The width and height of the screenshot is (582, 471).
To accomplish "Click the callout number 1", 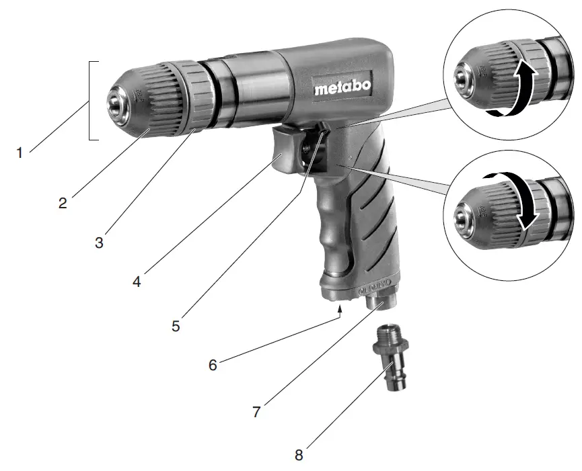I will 20,153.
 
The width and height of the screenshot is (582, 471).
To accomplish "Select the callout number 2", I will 63,202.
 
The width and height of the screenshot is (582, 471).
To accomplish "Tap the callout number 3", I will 99,243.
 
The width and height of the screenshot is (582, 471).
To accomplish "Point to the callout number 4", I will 137,282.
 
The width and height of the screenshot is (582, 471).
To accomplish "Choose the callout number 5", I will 176,327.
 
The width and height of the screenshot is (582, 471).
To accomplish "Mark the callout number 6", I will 213,366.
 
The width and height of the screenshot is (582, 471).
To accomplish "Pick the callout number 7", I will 256,411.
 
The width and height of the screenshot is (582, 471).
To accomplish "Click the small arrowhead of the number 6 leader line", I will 341,308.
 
